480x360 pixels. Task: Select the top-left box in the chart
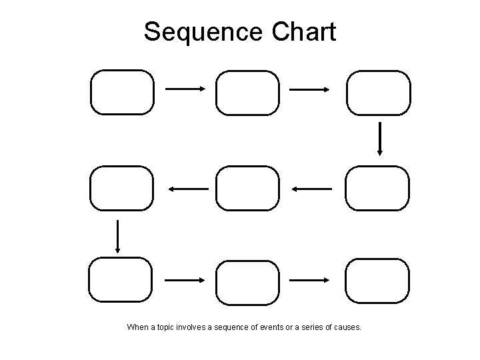tap(122, 92)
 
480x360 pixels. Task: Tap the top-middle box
tap(247, 93)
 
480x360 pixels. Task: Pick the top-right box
tap(379, 93)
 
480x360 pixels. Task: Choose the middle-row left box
tap(122, 189)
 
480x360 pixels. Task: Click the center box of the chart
tap(247, 189)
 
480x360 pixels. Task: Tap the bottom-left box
tap(121, 281)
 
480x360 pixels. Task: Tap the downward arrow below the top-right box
tap(379, 139)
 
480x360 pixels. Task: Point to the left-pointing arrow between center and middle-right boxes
tap(311, 189)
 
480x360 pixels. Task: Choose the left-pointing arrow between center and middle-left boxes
tap(188, 189)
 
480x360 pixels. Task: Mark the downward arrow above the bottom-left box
tap(118, 237)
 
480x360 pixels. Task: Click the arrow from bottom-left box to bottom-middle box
tap(185, 280)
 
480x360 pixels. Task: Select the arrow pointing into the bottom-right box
tap(311, 280)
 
